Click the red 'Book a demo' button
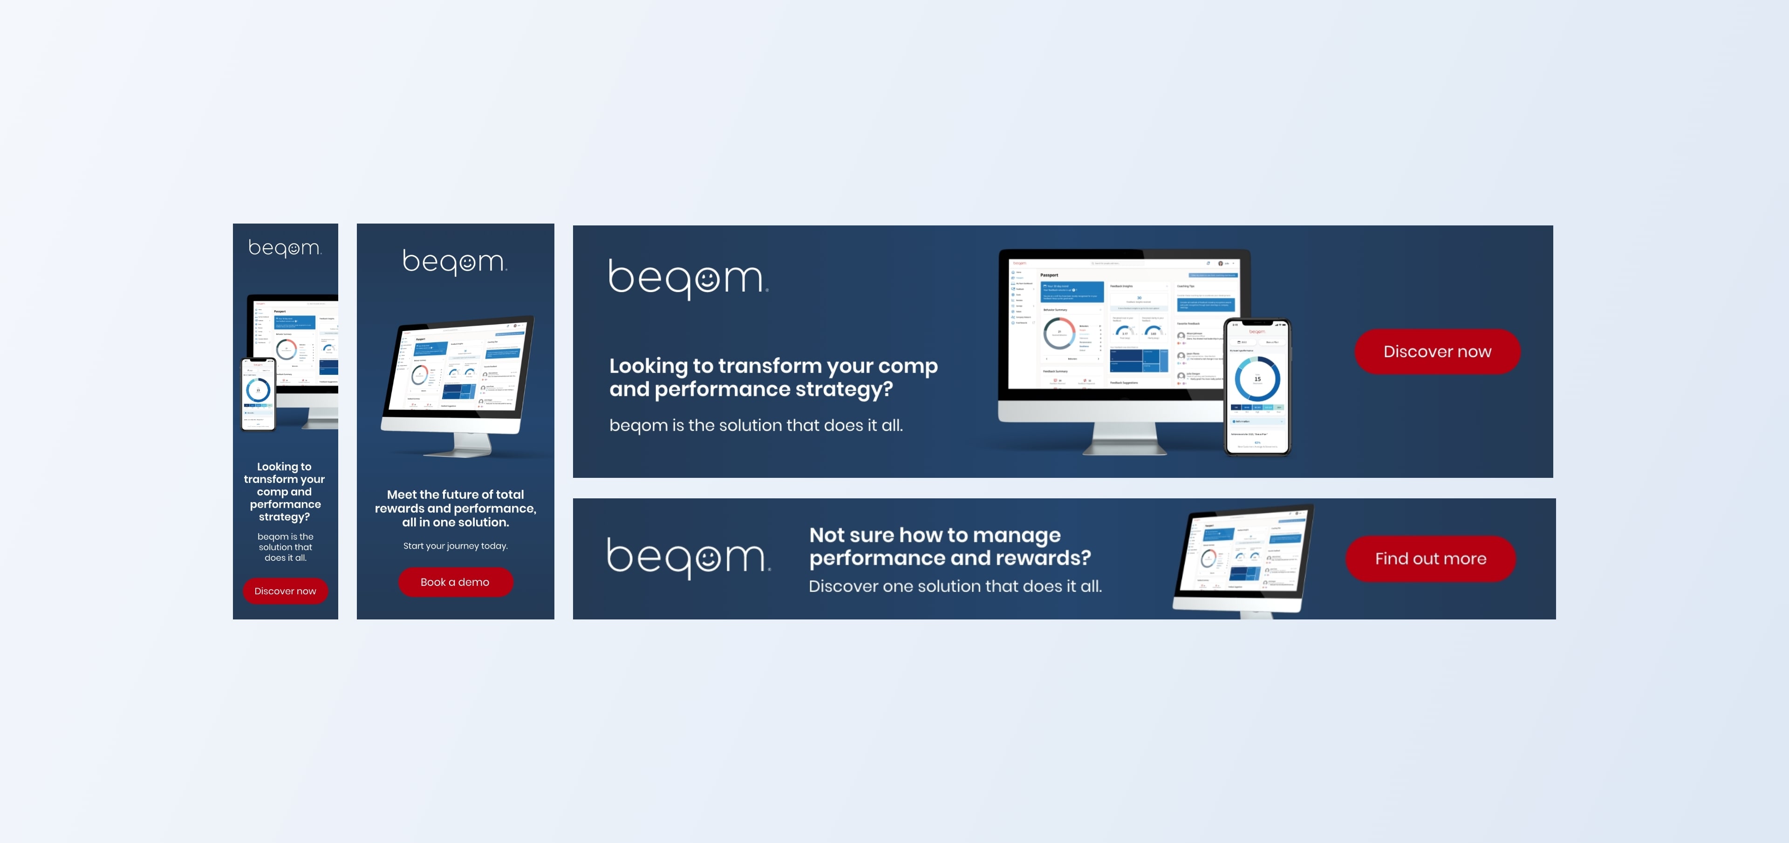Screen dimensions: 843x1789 coord(455,582)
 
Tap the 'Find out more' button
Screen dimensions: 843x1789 coord(1430,558)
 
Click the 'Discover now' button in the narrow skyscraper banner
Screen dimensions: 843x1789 coord(285,591)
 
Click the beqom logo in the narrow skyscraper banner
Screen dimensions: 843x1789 coord(285,248)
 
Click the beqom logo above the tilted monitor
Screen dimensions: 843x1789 coord(455,262)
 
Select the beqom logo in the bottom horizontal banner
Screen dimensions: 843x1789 coord(688,557)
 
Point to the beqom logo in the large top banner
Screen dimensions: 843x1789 coord(688,279)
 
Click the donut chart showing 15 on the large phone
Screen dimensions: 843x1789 coord(1257,379)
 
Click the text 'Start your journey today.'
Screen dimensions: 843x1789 coord(455,546)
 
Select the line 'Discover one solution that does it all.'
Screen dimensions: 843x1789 coord(955,586)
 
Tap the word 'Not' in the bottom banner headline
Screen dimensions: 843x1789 coord(826,535)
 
